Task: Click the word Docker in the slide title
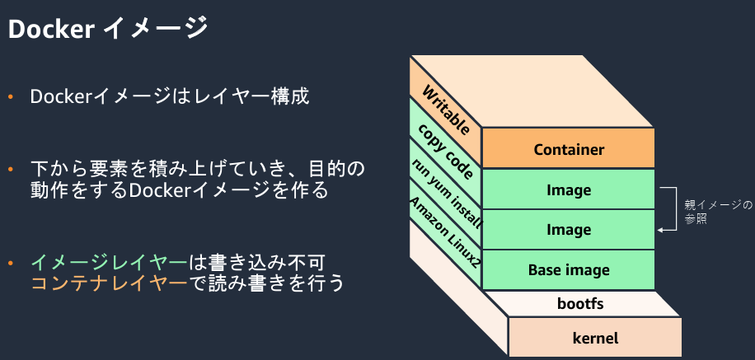pyautogui.click(x=51, y=30)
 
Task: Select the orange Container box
pyautogui.click(x=569, y=148)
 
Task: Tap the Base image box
pyautogui.click(x=569, y=269)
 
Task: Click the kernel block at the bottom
pyautogui.click(x=595, y=338)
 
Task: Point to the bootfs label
pyautogui.click(x=580, y=304)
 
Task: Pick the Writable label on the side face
pyautogui.click(x=446, y=110)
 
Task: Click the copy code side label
pyautogui.click(x=445, y=151)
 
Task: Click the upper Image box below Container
pyautogui.click(x=569, y=189)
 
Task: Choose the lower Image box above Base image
pyautogui.click(x=569, y=230)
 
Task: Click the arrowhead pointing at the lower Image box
pyautogui.click(x=660, y=231)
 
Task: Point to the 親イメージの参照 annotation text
pyautogui.click(x=718, y=212)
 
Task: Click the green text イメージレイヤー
pyautogui.click(x=109, y=263)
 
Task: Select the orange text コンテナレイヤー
pyautogui.click(x=109, y=283)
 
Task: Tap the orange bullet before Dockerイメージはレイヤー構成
pyautogui.click(x=10, y=97)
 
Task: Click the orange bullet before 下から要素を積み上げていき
pyautogui.click(x=10, y=170)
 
